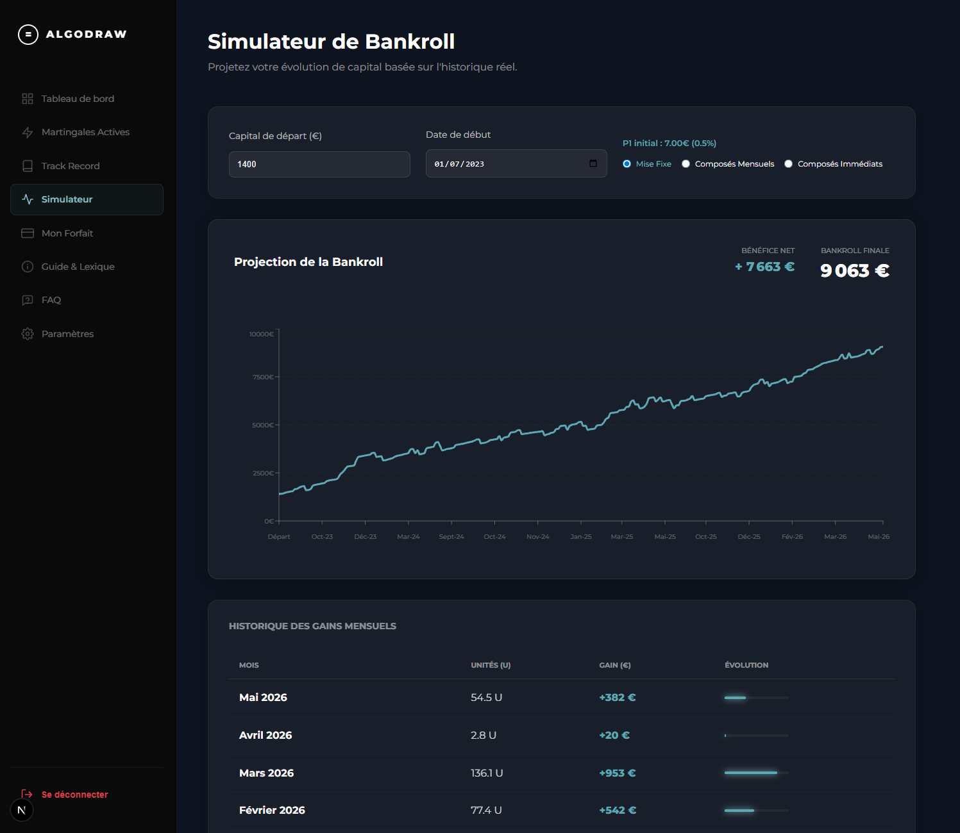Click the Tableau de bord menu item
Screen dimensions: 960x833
coord(68,99)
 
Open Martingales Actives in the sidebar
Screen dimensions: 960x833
coord(76,132)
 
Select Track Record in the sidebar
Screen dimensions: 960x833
coord(60,166)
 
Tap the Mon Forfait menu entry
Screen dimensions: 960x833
coord(57,233)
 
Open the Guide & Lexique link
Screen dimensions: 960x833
coord(68,267)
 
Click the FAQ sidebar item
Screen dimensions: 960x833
coord(41,300)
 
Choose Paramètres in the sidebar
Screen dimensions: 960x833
coord(58,334)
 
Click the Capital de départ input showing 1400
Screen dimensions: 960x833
coord(319,164)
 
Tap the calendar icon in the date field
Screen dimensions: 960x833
coord(593,163)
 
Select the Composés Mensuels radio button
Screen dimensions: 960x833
coord(686,163)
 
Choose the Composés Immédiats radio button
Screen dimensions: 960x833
coord(788,163)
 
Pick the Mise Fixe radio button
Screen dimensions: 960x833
coord(627,163)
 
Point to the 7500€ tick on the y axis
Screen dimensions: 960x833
coord(263,377)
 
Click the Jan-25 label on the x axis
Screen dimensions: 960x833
coord(581,537)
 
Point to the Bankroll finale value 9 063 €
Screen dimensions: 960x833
coord(854,270)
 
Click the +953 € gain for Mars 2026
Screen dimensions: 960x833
coord(617,773)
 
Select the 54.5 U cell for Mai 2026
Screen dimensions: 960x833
coord(486,698)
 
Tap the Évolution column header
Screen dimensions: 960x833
coord(746,665)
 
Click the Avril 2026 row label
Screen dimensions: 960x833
coord(265,735)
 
